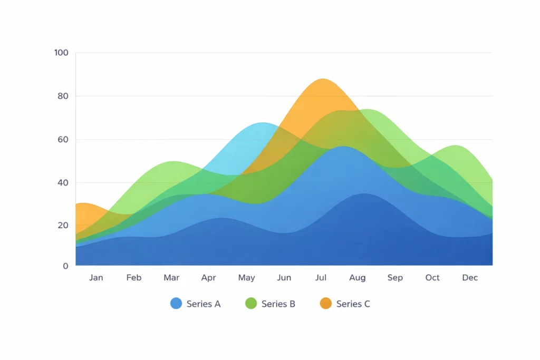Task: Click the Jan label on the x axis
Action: coord(96,278)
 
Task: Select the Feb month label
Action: coord(134,278)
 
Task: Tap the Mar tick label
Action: coord(171,278)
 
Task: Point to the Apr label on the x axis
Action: coord(209,278)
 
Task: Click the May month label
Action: coord(246,278)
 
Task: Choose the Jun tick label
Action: coord(284,278)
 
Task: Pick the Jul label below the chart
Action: coord(321,278)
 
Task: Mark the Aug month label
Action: coord(357,278)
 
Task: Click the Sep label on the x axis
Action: coord(395,278)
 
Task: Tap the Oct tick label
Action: coord(432,278)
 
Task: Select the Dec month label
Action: coord(470,278)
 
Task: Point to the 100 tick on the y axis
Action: coord(61,53)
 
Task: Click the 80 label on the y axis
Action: coord(63,96)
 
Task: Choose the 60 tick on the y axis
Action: coord(63,140)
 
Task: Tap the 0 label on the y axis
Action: coord(65,266)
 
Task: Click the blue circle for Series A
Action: coord(176,304)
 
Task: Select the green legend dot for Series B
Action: coord(251,304)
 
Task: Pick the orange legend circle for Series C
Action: coord(326,304)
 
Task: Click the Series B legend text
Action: coord(278,304)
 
